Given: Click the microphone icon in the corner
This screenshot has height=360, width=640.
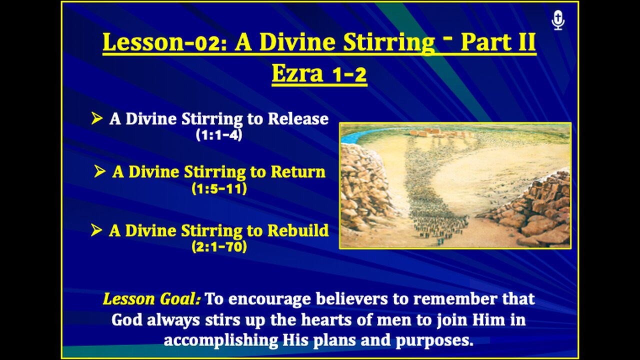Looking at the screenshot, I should click(558, 20).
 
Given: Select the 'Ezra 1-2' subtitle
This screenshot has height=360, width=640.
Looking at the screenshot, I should click(319, 74).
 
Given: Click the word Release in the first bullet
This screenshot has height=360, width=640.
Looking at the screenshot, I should click(298, 119).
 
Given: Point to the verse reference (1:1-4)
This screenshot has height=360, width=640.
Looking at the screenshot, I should click(219, 135).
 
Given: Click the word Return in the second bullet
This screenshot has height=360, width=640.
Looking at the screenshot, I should click(297, 172).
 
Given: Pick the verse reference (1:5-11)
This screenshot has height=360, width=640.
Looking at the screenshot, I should click(219, 189).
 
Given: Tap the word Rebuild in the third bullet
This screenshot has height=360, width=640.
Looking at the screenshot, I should click(298, 230).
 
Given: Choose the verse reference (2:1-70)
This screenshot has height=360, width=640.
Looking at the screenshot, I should click(219, 246).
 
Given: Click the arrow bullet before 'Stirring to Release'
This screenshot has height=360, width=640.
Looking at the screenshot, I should click(96, 119).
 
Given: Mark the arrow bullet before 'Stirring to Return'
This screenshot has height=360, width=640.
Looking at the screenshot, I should click(99, 172).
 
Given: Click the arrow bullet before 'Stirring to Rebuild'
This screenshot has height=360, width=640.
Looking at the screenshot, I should click(96, 230).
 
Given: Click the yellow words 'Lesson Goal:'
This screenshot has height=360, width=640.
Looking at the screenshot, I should click(151, 299).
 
